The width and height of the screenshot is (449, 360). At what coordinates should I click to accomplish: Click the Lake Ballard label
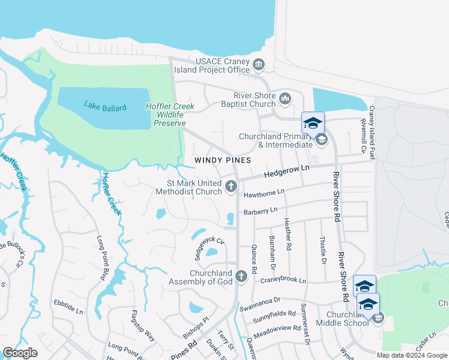point(105,107)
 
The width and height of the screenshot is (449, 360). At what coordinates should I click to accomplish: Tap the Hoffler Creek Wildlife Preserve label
point(165,115)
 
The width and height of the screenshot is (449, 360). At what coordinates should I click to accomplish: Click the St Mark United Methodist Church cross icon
point(231,188)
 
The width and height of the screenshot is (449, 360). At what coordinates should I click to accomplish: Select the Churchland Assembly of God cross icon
point(241,277)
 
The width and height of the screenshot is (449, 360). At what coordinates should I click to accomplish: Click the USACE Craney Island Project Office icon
point(259,64)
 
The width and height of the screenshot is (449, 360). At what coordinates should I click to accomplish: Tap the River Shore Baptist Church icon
point(285,98)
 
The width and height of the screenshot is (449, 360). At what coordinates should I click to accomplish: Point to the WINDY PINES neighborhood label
point(222,161)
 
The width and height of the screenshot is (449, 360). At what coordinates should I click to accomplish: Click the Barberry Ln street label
point(261,211)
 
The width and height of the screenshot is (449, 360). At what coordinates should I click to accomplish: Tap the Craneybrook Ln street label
point(283,280)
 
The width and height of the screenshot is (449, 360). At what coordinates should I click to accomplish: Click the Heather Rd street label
point(288,234)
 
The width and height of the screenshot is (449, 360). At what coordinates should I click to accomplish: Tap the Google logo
point(20,353)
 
